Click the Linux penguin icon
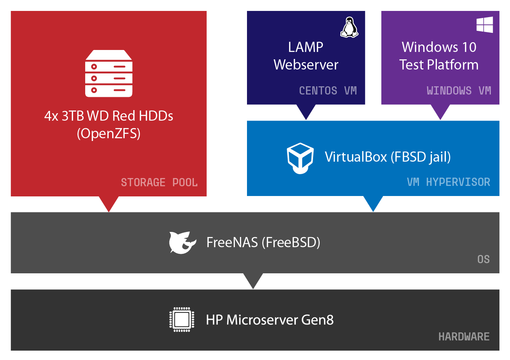(349, 27)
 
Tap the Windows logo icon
(485, 25)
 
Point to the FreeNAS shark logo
(182, 242)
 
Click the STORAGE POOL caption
(159, 182)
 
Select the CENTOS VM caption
(328, 91)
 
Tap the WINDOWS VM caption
(458, 91)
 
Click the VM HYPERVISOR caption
(448, 182)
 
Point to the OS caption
(483, 259)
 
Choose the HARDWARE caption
(464, 337)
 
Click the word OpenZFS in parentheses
(109, 134)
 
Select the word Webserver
(306, 65)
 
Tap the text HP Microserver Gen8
(270, 320)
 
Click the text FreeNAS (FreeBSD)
(263, 242)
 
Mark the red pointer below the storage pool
(109, 203)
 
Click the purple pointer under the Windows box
(440, 112)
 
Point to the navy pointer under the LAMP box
(306, 112)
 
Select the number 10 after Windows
(469, 47)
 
